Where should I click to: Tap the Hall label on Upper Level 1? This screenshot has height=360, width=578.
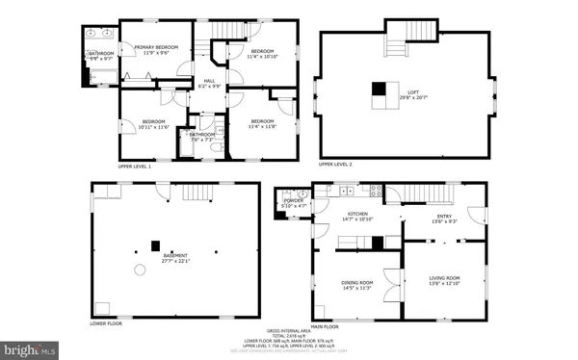pos(208,83)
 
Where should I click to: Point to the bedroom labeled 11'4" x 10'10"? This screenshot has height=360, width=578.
pos(261,53)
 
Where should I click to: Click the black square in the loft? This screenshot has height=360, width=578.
pos(379,90)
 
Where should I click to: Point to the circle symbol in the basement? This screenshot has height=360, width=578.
pos(141,270)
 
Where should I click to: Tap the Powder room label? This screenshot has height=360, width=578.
pos(294,203)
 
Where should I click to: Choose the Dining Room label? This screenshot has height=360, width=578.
pos(355,285)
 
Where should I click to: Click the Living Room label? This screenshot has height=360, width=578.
pos(444,280)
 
